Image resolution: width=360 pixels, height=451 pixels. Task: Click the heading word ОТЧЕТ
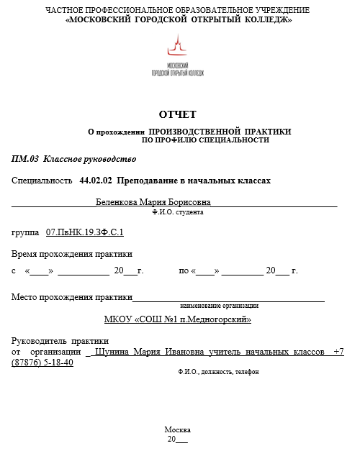click(177, 114)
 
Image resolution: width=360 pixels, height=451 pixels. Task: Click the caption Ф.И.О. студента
click(178, 213)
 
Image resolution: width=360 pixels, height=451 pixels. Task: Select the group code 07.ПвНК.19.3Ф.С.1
click(85, 232)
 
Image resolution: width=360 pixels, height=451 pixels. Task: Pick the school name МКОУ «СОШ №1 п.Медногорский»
click(177, 319)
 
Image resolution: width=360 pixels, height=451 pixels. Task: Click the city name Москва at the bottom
click(177, 429)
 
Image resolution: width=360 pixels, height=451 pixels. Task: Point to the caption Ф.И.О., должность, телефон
click(217, 372)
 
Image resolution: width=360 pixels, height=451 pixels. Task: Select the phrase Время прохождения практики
click(72, 254)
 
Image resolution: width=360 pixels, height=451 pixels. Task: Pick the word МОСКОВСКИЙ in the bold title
click(107, 20)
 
